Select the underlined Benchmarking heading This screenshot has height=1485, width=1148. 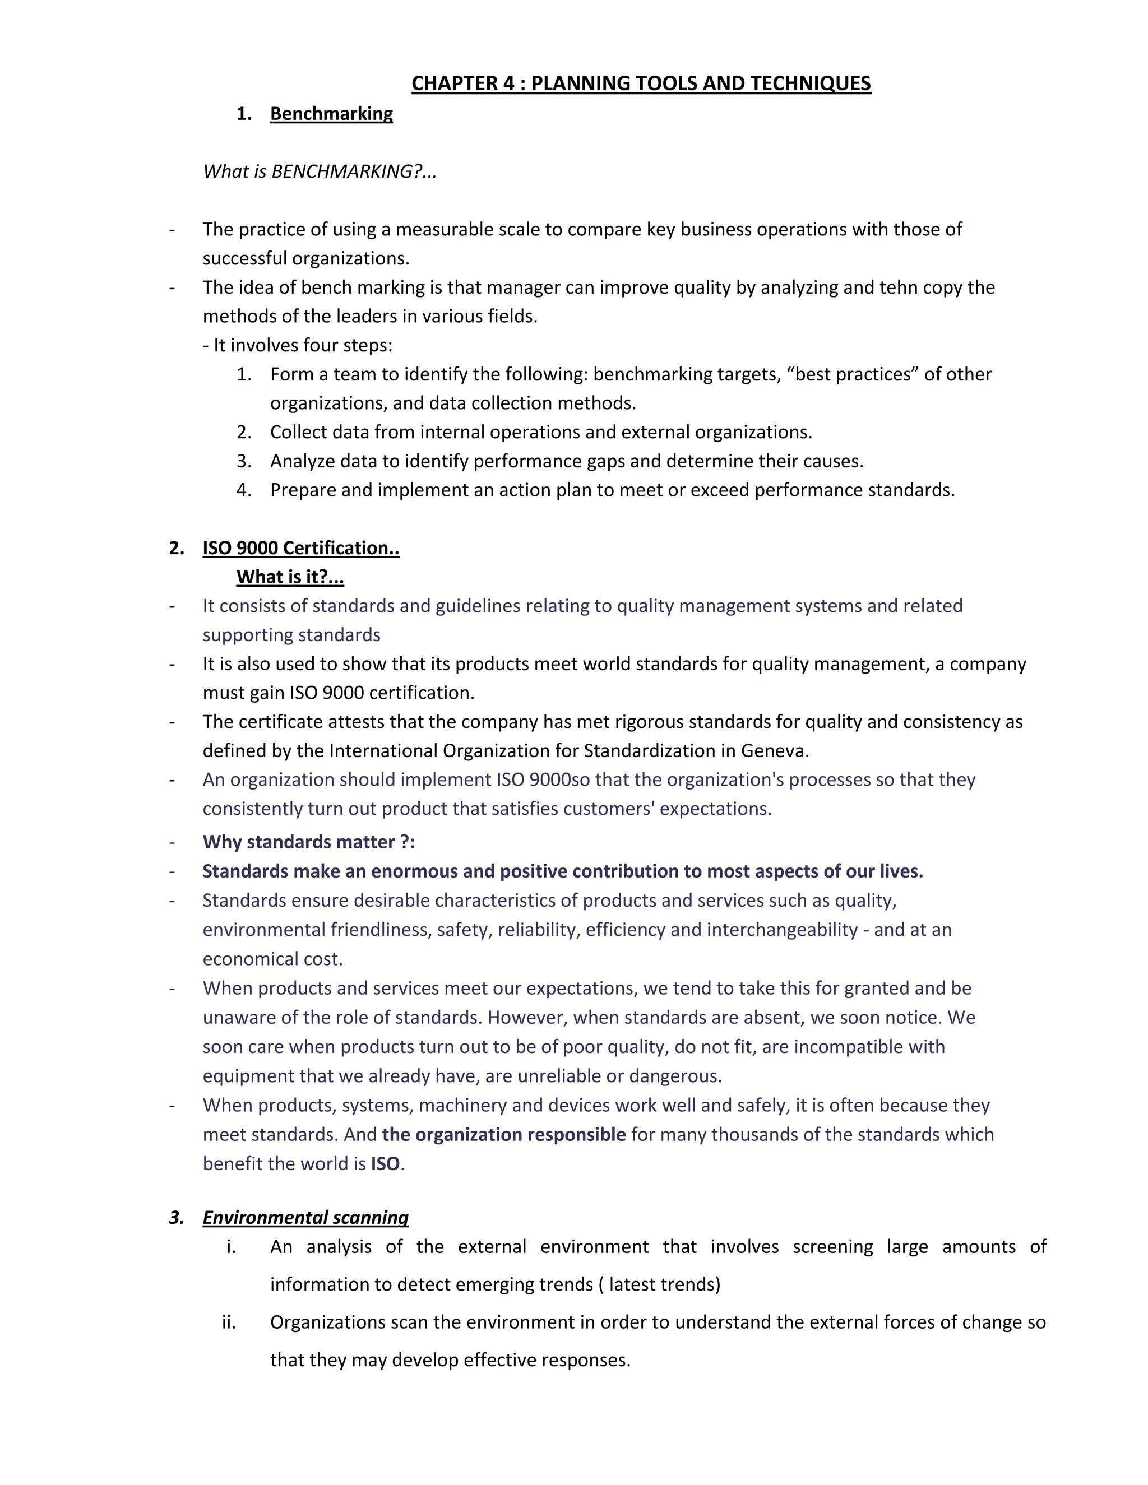tap(331, 114)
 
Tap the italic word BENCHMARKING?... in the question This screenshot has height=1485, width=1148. tap(354, 171)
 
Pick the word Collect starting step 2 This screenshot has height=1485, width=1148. tap(298, 433)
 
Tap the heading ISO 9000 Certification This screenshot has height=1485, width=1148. tap(300, 548)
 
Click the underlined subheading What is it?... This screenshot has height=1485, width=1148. tap(290, 577)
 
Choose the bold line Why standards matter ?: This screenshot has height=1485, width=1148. tap(308, 842)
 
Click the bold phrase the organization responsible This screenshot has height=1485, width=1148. tap(503, 1134)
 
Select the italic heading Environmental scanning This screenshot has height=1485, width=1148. tap(305, 1217)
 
